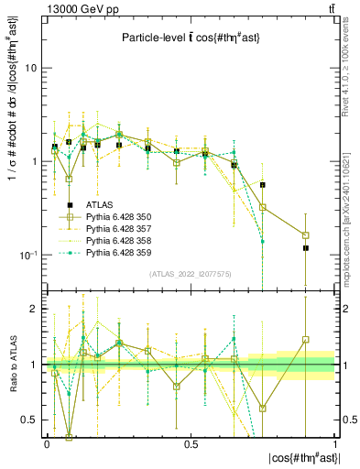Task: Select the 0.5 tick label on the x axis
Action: [191, 444]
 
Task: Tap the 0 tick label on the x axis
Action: [46, 444]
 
